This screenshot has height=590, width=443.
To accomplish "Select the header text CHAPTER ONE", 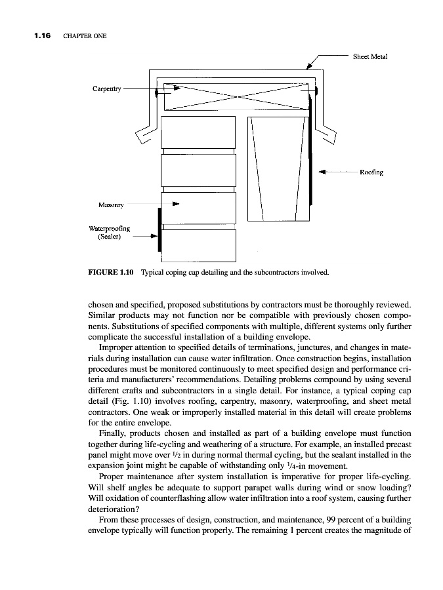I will click(x=85, y=35).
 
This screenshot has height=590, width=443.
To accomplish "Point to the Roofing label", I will click(x=371, y=173).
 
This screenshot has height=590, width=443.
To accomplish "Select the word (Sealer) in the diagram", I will click(x=108, y=237).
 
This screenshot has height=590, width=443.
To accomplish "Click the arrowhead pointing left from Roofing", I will click(x=322, y=173).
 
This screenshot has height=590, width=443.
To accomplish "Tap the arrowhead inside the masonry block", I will click(x=175, y=204).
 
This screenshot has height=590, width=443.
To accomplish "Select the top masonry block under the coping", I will click(x=198, y=132).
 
